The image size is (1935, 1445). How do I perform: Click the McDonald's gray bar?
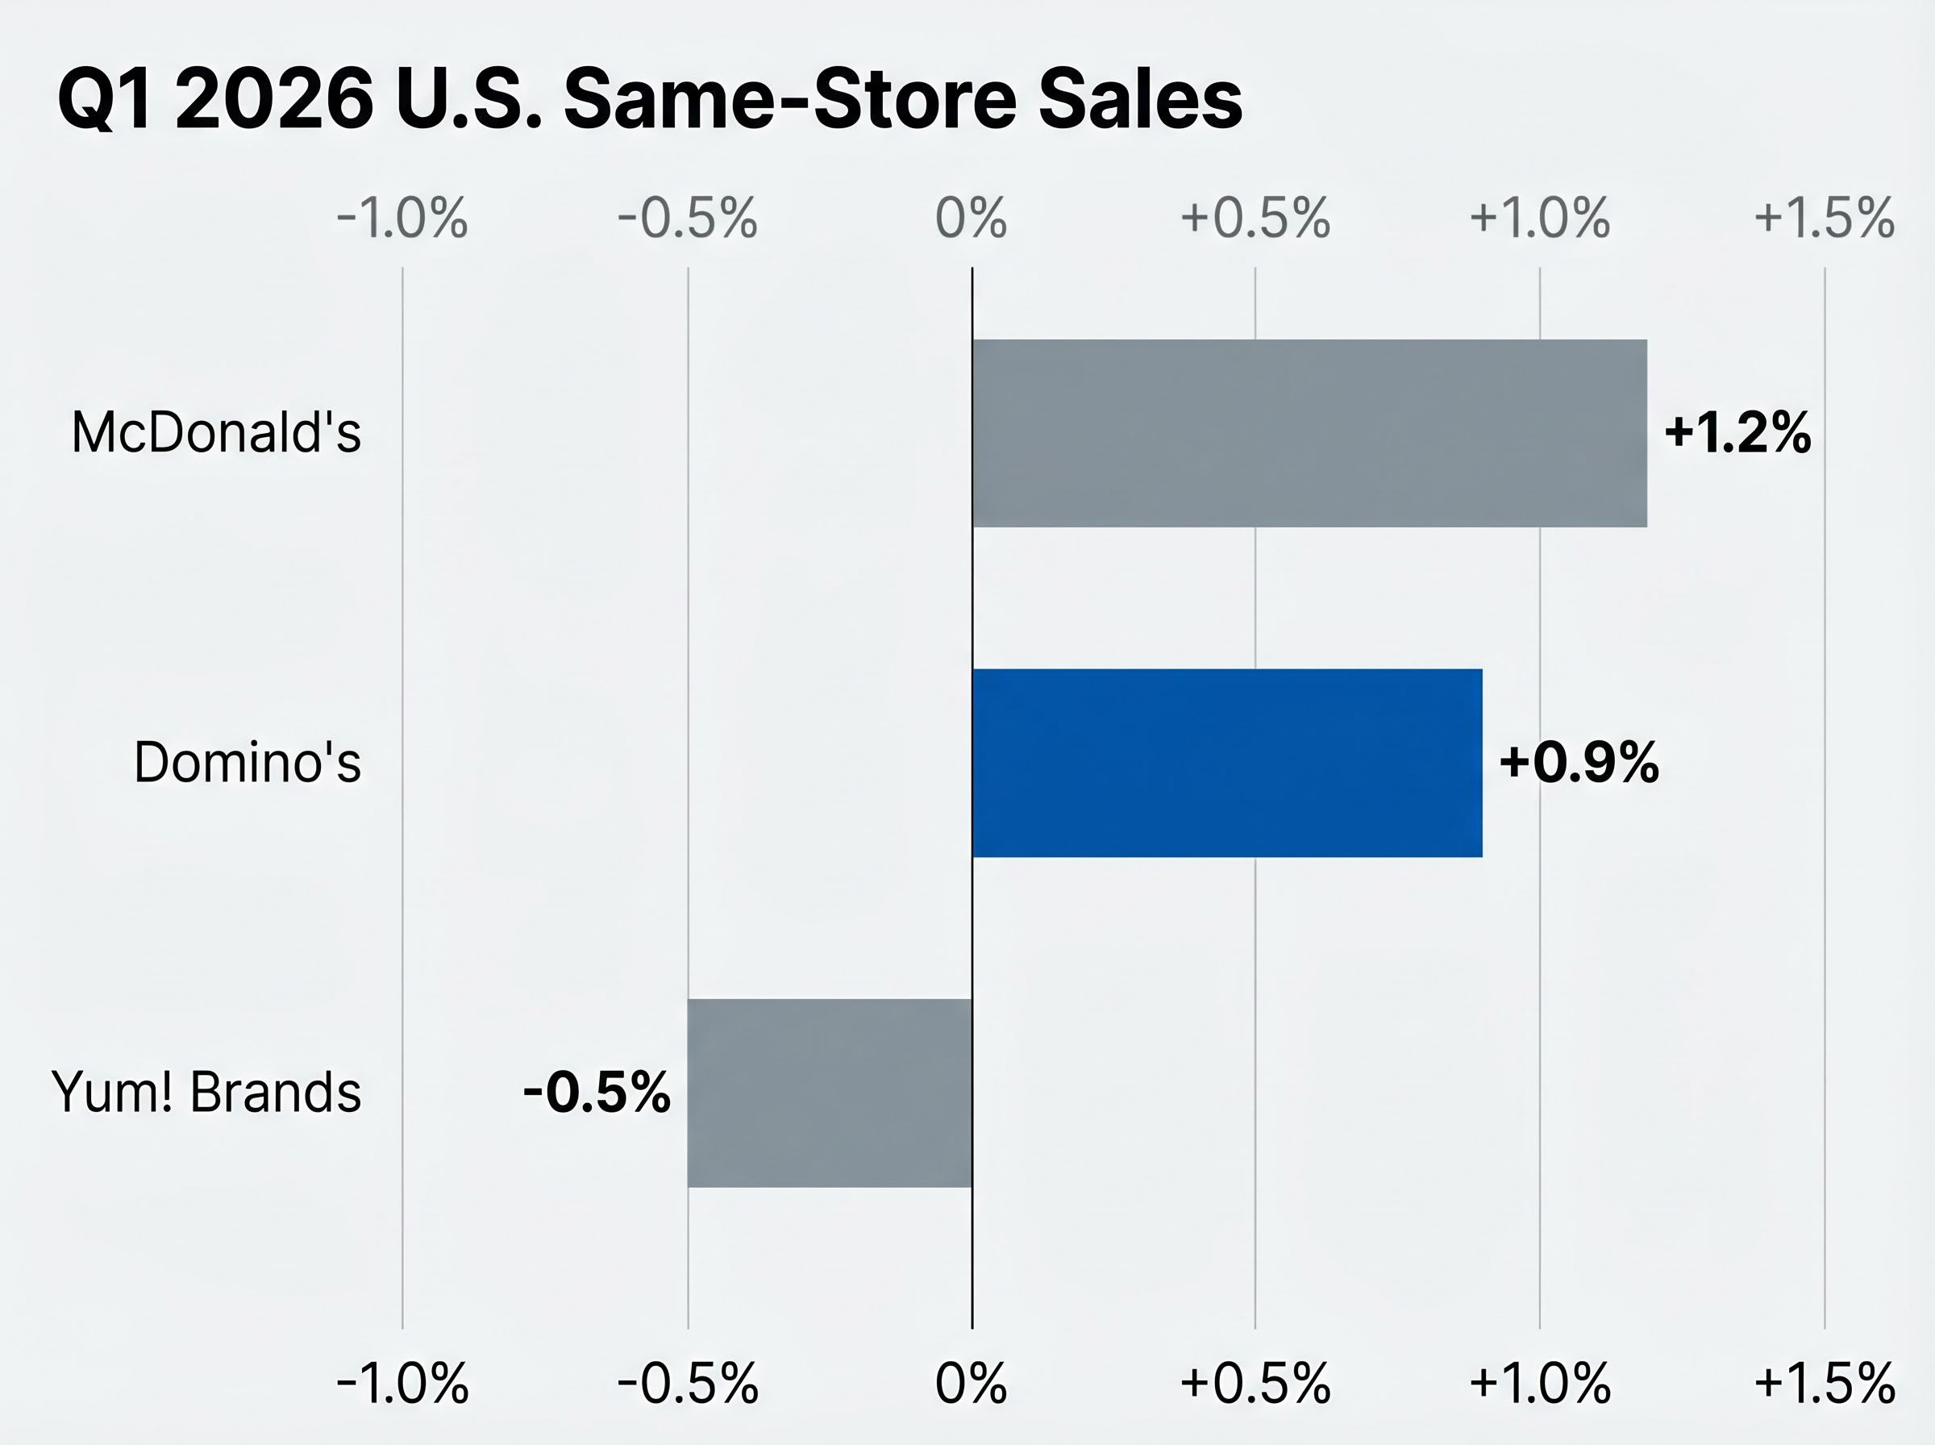pos(1309,434)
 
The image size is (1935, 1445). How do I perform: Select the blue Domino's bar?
pos(1227,763)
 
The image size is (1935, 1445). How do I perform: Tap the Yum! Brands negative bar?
pos(830,1093)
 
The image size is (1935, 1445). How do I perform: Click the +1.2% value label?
pos(1737,433)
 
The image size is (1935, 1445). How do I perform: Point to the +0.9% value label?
pos(1579,762)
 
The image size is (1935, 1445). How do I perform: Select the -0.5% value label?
pos(597,1093)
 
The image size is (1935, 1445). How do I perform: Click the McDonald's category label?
pos(216,433)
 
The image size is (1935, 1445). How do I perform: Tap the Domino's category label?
pos(248,762)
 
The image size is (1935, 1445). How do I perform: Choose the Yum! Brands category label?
pos(206,1093)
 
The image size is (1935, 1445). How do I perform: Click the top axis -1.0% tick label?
pos(402,218)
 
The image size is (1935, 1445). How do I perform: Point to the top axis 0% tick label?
pos(971,218)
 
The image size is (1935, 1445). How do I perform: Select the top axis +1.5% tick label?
pos(1824,218)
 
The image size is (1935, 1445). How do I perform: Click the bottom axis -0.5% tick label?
pos(687,1384)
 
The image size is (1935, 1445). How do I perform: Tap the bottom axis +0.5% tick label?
pos(1255,1384)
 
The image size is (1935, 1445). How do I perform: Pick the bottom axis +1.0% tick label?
pos(1540,1384)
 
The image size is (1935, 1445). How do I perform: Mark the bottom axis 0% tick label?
pos(971,1384)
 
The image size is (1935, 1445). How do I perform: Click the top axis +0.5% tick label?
pos(1255,218)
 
